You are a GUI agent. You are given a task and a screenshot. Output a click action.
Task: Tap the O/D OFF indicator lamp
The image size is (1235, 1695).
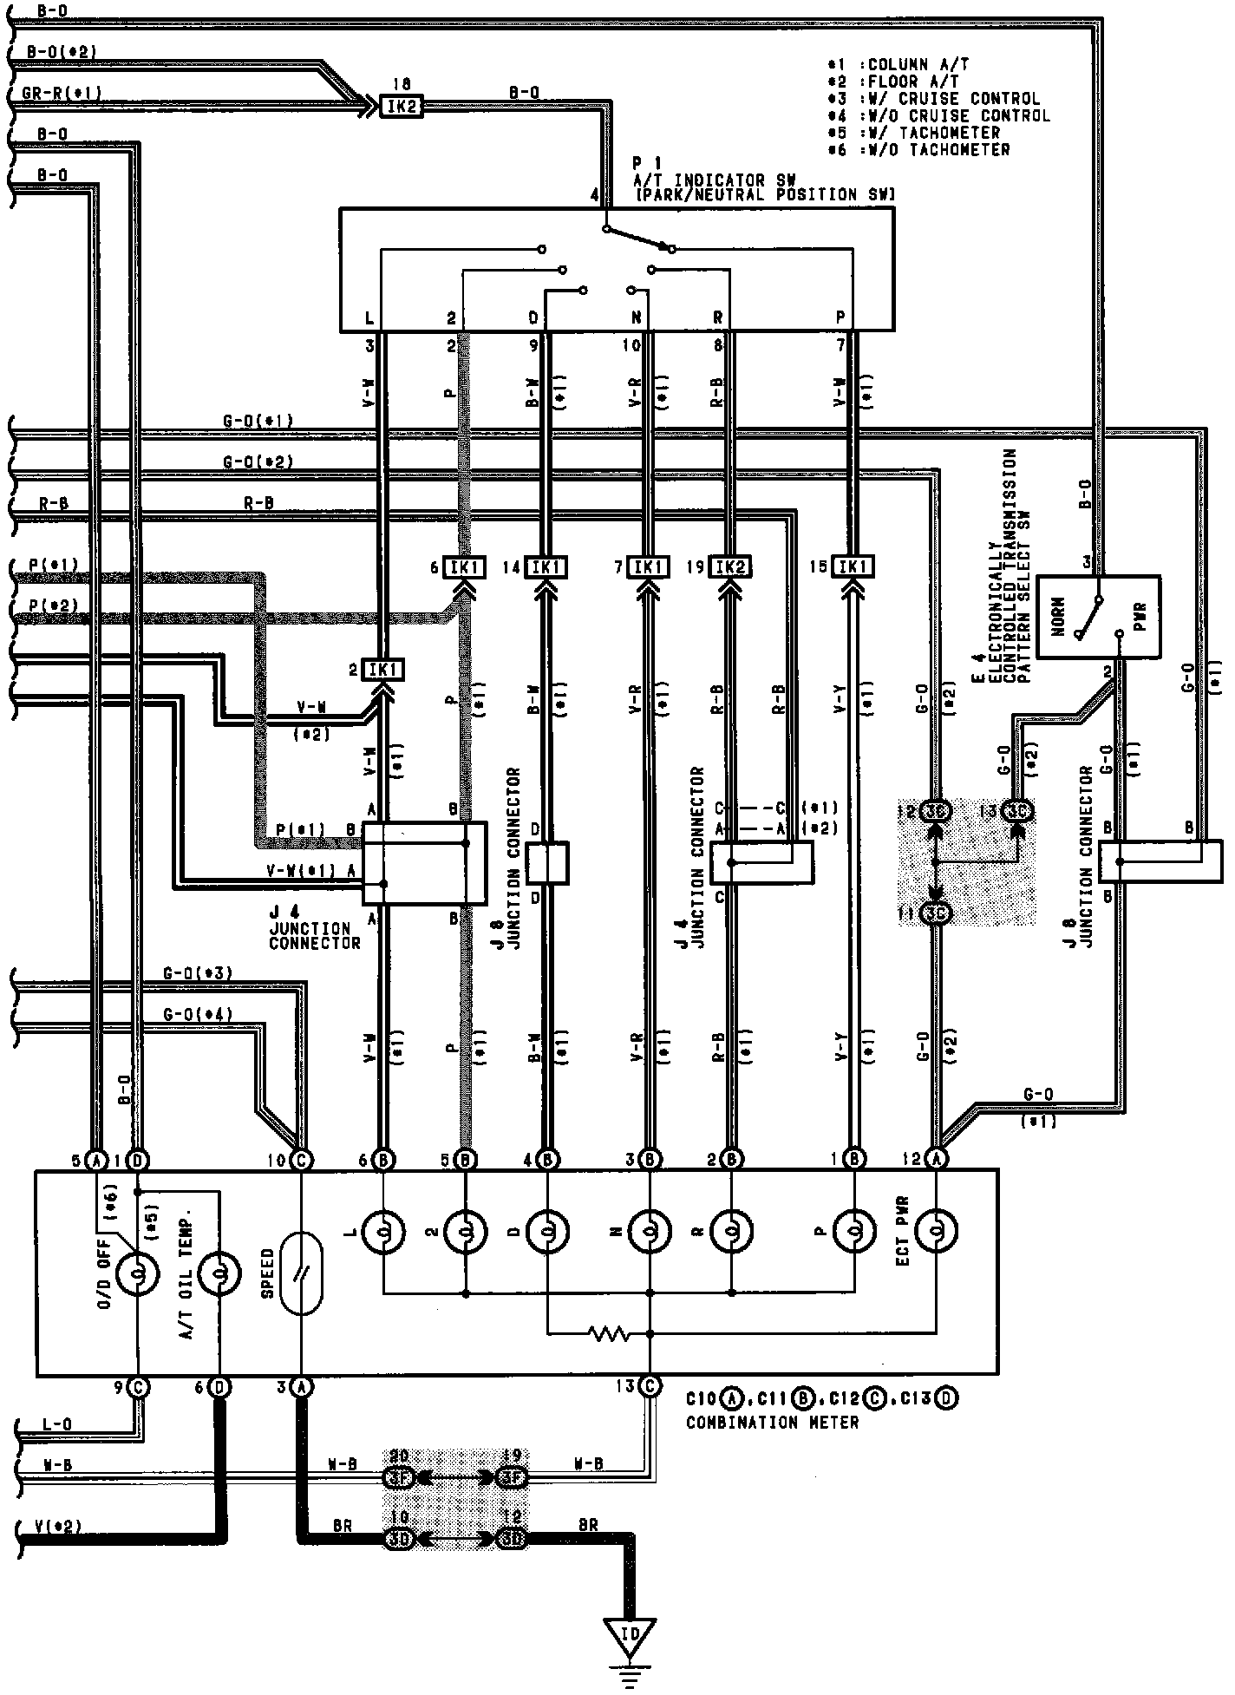click(x=137, y=1273)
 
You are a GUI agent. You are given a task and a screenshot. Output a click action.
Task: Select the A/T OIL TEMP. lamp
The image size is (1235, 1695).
click(x=220, y=1273)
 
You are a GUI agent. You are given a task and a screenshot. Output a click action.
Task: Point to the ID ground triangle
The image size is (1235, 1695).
click(x=631, y=1633)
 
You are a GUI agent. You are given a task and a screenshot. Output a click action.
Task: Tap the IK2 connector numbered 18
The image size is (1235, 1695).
click(x=402, y=106)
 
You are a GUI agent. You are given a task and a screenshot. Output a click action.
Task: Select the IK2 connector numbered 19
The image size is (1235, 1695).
click(x=730, y=567)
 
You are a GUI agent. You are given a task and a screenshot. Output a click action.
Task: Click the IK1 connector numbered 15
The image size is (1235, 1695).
click(x=853, y=567)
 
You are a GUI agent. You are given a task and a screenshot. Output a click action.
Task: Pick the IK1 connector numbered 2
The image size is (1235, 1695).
click(x=382, y=670)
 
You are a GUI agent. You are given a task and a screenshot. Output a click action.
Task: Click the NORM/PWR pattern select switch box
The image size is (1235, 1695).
click(x=1099, y=617)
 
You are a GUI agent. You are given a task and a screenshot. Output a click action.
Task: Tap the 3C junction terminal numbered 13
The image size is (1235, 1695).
click(x=1017, y=811)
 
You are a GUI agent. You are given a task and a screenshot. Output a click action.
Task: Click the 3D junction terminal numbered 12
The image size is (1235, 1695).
click(x=512, y=1539)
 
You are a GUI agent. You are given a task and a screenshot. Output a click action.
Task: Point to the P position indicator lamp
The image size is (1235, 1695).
click(x=854, y=1230)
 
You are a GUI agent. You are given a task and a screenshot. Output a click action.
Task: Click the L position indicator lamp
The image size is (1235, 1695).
click(x=383, y=1230)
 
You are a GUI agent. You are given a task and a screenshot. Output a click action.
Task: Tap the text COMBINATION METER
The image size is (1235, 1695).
click(x=772, y=1423)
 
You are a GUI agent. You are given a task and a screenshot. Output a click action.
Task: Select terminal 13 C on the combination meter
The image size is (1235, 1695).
click(x=650, y=1387)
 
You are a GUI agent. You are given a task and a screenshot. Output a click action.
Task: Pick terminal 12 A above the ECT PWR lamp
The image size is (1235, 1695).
click(x=937, y=1158)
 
